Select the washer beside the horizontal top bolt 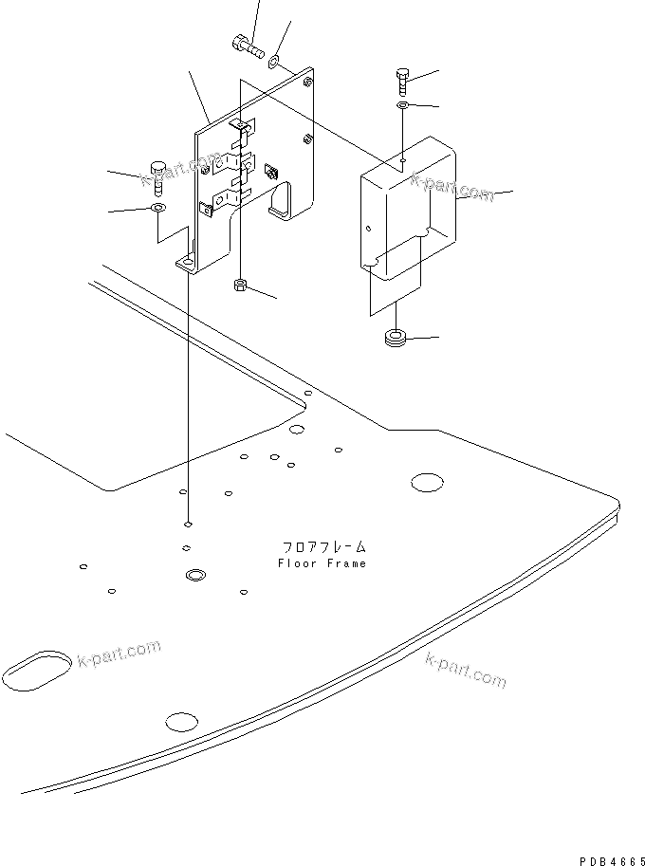click(273, 62)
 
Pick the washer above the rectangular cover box click(403, 105)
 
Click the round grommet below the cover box click(394, 338)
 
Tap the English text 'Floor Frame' click(322, 563)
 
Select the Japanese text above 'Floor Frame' click(323, 547)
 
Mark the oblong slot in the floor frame click(39, 667)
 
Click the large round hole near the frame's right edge click(427, 483)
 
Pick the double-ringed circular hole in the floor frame click(195, 575)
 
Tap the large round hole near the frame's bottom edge click(181, 721)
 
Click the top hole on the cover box click(403, 162)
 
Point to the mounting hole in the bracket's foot click(189, 263)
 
